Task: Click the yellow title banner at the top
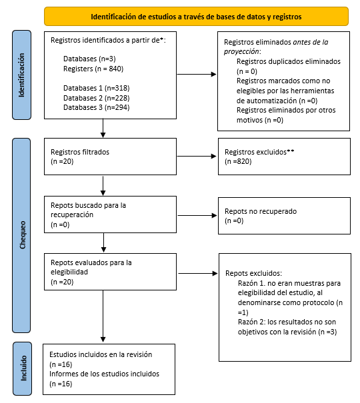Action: [196, 16]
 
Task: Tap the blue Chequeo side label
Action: [21, 236]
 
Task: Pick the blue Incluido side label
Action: [21, 367]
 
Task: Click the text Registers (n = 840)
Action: [93, 69]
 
